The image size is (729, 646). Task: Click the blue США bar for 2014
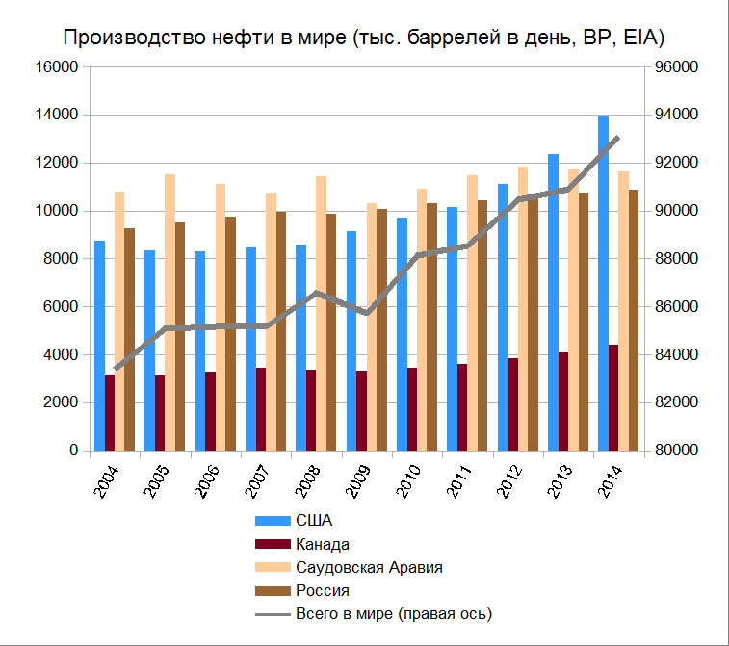pyautogui.click(x=603, y=283)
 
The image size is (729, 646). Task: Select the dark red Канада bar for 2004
pyautogui.click(x=110, y=412)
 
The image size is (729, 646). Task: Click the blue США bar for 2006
pyautogui.click(x=199, y=350)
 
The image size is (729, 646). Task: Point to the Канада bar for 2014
pyautogui.click(x=613, y=397)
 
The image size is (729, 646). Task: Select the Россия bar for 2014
pyautogui.click(x=633, y=320)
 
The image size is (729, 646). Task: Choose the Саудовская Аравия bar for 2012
pyautogui.click(x=522, y=308)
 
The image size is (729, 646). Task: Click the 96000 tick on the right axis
pyautogui.click(x=676, y=67)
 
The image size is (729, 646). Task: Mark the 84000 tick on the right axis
pyautogui.click(x=676, y=355)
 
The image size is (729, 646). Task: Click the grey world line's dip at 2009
pyautogui.click(x=367, y=313)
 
